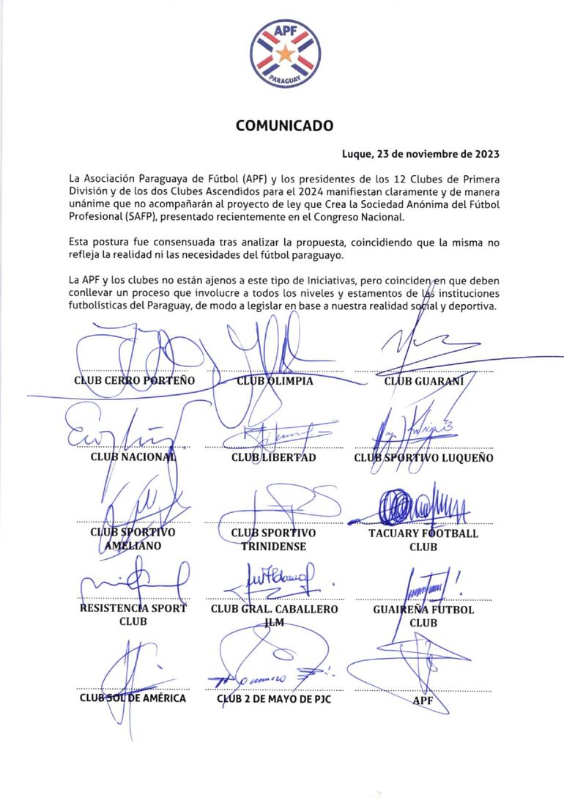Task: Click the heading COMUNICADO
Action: pyautogui.click(x=284, y=126)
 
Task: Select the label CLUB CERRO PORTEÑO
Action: pyautogui.click(x=134, y=381)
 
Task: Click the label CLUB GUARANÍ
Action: pyautogui.click(x=423, y=381)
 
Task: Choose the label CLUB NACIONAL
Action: pyautogui.click(x=134, y=457)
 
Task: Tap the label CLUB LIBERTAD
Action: pyautogui.click(x=274, y=457)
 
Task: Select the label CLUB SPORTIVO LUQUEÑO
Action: pyautogui.click(x=423, y=458)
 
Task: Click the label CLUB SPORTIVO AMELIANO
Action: pyautogui.click(x=133, y=539)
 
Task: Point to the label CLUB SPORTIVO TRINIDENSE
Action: pyautogui.click(x=274, y=539)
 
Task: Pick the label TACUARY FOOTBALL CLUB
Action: pyautogui.click(x=423, y=539)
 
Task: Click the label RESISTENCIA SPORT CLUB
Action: pyautogui.click(x=133, y=616)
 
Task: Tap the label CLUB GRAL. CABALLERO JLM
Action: pyautogui.click(x=274, y=616)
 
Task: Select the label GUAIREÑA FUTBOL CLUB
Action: pyautogui.click(x=423, y=616)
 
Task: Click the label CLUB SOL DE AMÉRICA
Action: pyautogui.click(x=133, y=698)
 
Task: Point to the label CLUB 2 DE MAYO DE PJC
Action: pyautogui.click(x=274, y=698)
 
